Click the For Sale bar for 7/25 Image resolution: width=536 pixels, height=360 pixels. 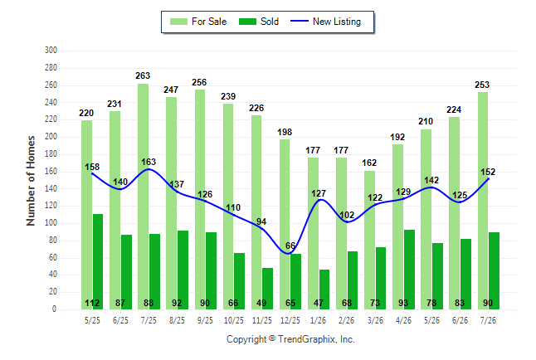coord(144,197)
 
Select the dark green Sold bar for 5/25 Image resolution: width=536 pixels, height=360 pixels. coord(98,262)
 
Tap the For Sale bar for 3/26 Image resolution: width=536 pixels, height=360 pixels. coord(369,241)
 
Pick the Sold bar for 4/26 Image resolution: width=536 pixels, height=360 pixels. coord(410,270)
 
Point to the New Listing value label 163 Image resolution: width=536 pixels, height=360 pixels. coord(149,162)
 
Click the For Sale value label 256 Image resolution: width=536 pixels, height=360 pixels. coord(199,82)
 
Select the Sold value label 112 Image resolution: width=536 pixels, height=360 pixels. coord(92,303)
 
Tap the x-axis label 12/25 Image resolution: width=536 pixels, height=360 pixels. coord(290,321)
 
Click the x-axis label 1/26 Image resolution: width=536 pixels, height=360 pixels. coord(319,321)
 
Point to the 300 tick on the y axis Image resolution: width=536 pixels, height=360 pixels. coord(51,51)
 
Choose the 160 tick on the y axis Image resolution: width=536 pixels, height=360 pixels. coord(51,171)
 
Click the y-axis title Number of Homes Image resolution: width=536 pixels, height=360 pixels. coord(31,181)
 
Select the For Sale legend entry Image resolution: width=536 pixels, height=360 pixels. coord(198,22)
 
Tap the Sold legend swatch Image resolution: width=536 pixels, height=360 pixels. coord(247,22)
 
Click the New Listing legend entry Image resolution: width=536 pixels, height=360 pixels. coord(325,22)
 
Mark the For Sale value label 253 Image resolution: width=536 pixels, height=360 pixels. coord(482,85)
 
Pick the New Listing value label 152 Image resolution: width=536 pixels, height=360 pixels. coord(488,172)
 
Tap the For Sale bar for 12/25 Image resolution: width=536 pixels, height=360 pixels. coord(285,224)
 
